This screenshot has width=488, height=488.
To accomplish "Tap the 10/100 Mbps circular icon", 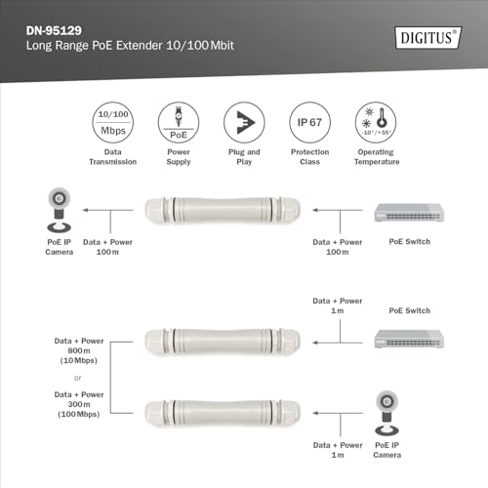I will [x=115, y=122].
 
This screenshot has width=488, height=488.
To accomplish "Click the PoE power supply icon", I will [x=179, y=122].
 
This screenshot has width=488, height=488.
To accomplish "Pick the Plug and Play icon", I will [x=243, y=122].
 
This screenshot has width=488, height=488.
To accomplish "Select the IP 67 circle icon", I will [x=307, y=122].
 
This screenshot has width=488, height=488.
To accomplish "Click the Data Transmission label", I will [x=115, y=157].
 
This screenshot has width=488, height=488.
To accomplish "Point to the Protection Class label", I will [x=307, y=157].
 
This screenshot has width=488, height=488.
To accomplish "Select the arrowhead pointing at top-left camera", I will [x=86, y=210].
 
